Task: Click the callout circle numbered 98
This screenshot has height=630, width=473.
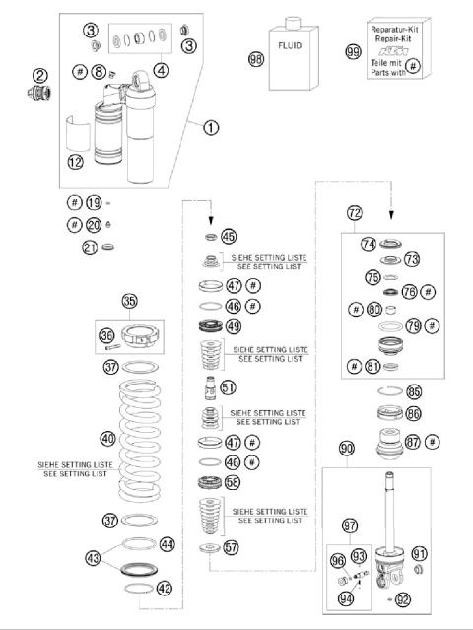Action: click(x=257, y=59)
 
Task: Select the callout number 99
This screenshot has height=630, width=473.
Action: click(x=353, y=52)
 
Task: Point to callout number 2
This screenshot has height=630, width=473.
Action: click(x=39, y=75)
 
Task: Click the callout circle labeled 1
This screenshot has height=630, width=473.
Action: click(x=210, y=126)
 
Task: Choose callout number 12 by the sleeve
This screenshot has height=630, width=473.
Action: click(x=77, y=161)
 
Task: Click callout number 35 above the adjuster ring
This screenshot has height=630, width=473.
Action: click(x=130, y=301)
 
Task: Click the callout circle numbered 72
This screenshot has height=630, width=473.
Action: click(x=355, y=212)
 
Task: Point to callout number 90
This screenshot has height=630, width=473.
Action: click(x=346, y=449)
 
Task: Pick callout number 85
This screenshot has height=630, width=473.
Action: click(x=414, y=391)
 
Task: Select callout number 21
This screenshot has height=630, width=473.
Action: click(x=90, y=247)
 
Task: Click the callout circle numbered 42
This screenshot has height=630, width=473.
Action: click(x=164, y=589)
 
